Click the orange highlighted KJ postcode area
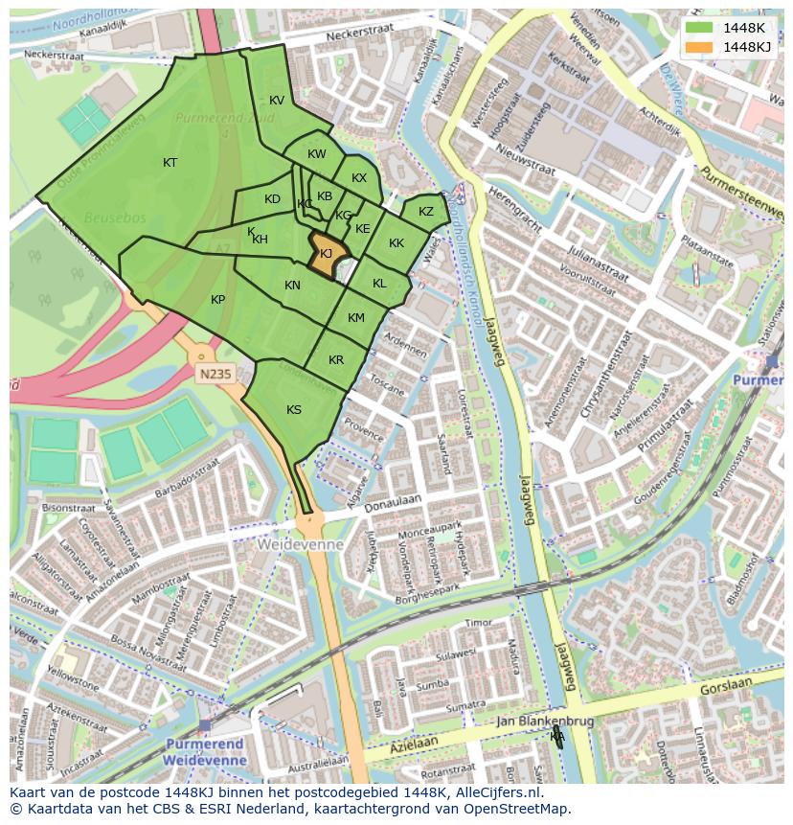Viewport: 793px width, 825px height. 327,255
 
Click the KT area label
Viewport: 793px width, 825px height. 170,163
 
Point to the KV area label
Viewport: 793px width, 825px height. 277,101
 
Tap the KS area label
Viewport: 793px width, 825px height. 294,410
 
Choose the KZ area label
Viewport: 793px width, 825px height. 426,212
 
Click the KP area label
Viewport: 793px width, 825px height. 217,300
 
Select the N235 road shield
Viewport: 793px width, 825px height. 215,375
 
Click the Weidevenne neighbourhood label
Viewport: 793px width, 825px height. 300,543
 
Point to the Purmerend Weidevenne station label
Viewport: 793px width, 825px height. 205,751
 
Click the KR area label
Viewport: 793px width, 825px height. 336,360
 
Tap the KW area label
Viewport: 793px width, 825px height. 317,154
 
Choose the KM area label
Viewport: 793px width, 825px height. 356,318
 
